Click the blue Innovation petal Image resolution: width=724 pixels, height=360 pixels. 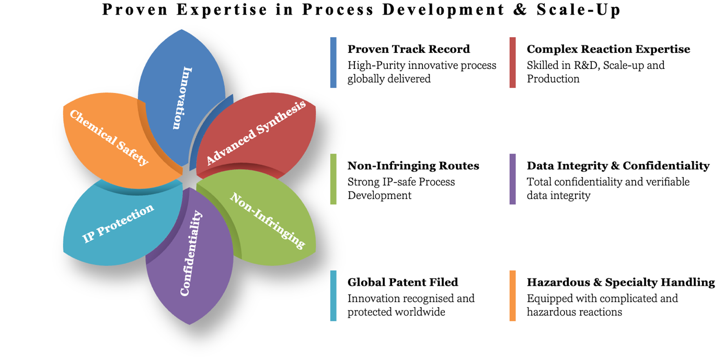(181, 97)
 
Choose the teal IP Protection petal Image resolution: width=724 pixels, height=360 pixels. (120, 223)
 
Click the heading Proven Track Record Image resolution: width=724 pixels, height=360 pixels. (409, 49)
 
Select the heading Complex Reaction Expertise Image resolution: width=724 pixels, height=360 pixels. (608, 49)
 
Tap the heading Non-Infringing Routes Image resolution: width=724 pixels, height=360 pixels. (413, 166)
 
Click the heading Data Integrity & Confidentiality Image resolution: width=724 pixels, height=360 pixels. (618, 166)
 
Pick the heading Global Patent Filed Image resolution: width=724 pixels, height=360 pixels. (403, 283)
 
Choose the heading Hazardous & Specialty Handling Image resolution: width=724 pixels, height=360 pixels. (620, 283)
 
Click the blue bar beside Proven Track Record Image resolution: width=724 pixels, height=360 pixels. (333, 62)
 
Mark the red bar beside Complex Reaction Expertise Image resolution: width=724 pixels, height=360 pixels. (513, 62)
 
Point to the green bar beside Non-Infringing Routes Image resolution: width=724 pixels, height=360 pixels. (333, 179)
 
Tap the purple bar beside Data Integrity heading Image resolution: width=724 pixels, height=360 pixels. (513, 179)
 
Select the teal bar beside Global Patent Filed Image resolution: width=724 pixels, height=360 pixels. (333, 296)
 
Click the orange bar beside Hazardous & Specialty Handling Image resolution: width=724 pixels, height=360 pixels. (513, 296)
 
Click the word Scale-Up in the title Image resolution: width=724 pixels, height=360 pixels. (578, 10)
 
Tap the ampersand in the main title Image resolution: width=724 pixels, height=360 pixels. (520, 9)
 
